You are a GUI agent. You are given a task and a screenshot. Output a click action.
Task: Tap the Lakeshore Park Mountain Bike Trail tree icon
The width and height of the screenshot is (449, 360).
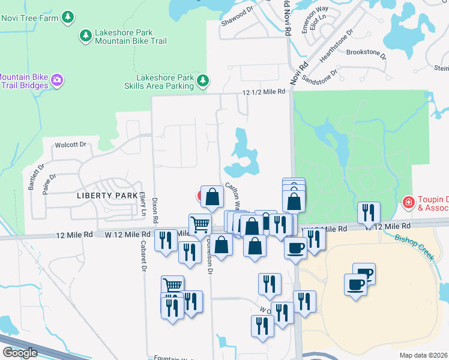86,37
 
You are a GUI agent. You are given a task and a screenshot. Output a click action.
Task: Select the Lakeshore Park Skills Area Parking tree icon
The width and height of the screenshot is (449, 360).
203,80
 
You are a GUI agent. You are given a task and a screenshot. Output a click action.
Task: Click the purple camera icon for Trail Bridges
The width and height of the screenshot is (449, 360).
57,80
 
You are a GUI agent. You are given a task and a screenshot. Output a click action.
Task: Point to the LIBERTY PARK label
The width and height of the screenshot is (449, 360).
100,196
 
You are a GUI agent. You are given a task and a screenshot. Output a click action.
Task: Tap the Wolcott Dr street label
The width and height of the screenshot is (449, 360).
71,145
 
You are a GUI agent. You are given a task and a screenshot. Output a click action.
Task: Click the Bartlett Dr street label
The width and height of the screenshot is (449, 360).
35,177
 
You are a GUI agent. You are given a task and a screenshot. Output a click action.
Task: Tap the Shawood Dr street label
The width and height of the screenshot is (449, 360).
234,13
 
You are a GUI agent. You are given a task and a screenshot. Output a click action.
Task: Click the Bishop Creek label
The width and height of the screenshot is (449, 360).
414,246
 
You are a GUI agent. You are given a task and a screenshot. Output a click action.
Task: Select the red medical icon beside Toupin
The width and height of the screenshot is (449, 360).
409,203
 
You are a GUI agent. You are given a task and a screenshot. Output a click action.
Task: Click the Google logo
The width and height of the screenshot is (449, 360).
19,353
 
